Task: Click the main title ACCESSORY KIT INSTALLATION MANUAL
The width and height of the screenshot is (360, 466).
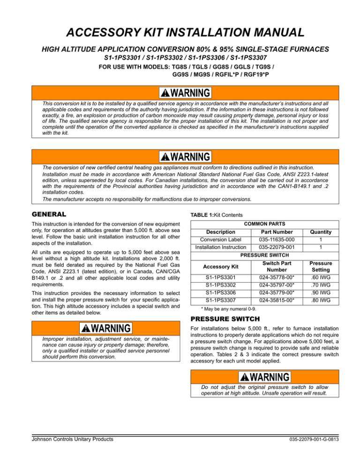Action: pos(180,32)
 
